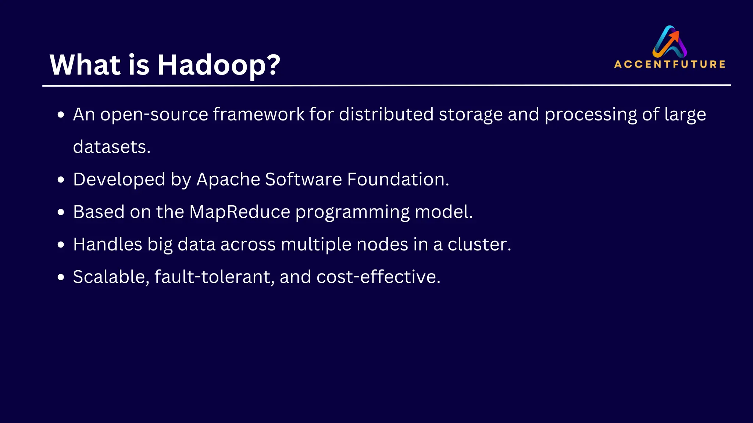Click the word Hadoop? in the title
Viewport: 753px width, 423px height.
click(219, 65)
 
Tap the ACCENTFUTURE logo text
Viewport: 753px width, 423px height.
click(670, 64)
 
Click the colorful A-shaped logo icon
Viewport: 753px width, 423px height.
click(670, 41)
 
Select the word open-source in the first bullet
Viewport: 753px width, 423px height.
click(154, 115)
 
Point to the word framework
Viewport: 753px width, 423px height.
click(258, 115)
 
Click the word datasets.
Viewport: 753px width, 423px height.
click(111, 147)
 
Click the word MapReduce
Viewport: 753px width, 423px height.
click(240, 212)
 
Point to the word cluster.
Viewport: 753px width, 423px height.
click(479, 245)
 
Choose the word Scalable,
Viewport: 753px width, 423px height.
click(111, 277)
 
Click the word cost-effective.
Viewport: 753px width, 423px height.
click(378, 277)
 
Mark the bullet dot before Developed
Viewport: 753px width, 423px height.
click(61, 180)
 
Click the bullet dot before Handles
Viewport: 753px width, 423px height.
click(61, 245)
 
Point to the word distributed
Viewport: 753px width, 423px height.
click(386, 115)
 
